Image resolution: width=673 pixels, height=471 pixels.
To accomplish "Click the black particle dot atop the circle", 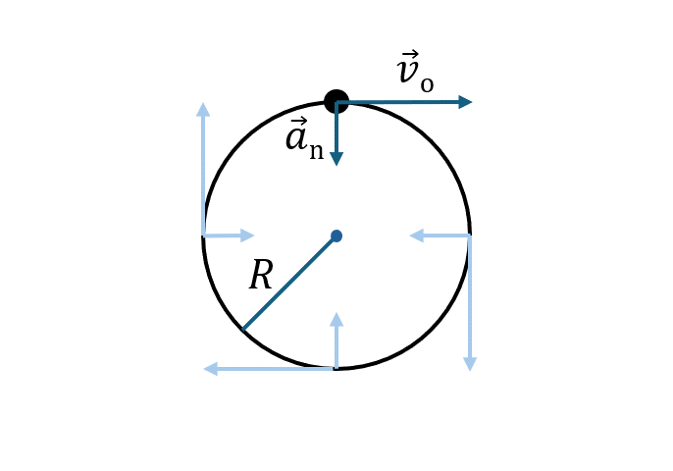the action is [336, 102].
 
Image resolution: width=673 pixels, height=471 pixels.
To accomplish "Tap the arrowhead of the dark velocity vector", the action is [466, 102].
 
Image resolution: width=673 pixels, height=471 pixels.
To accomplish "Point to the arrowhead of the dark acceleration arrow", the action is [336, 159].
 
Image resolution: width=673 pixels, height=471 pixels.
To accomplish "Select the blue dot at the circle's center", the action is [336, 235].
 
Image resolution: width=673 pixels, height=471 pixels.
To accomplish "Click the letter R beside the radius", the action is [261, 274].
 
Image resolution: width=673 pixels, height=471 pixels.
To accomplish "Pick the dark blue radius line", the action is [289, 283].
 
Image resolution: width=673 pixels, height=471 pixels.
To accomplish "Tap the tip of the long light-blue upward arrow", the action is [203, 103].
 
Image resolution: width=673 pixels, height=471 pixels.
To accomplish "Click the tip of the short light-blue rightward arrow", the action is [255, 235].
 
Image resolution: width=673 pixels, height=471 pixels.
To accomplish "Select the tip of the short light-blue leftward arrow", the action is [409, 235].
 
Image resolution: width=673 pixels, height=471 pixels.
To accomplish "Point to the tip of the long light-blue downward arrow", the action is [470, 371].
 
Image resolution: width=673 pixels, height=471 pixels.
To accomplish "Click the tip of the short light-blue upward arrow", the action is [336, 312].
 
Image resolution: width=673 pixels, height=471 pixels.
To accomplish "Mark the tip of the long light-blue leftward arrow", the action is [203, 369].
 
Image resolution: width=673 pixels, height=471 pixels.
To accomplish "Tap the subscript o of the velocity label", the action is [427, 85].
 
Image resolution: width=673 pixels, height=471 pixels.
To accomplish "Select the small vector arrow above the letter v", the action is [410, 54].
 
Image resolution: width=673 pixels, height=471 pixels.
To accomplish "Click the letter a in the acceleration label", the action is [296, 138].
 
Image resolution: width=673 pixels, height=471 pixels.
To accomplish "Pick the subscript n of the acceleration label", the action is [316, 151].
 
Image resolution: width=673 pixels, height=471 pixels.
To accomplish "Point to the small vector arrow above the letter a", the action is [298, 121].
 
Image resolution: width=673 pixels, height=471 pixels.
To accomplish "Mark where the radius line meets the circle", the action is [242, 330].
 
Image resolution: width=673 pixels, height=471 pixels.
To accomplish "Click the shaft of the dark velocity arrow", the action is [398, 102].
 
